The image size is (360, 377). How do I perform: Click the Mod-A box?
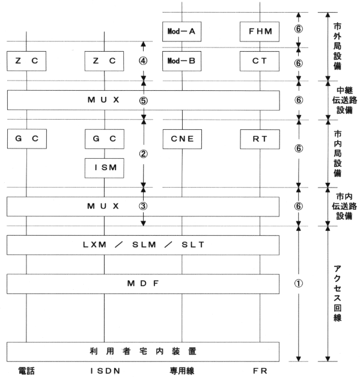182,31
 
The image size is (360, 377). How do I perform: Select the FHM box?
260,31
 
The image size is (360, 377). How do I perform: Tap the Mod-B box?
182,61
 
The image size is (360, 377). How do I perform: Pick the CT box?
260,61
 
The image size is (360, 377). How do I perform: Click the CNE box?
182,139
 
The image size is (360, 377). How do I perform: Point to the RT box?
260,139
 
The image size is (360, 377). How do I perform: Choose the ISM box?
105,168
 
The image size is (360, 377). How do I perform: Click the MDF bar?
143,284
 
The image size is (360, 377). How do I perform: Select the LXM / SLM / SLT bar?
143,245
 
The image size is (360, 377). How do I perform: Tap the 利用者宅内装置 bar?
143,352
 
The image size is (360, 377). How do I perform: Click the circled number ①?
299,284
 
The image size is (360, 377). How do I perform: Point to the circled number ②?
143,154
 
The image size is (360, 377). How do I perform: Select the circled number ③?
143,206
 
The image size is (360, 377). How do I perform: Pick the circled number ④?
143,61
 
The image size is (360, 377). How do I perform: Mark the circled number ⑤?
143,100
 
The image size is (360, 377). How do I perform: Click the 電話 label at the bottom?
26,371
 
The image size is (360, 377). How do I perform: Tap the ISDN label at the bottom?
105,371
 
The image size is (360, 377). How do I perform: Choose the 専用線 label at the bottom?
182,371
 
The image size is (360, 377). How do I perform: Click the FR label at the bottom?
260,371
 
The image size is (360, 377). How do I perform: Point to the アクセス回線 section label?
337,293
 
